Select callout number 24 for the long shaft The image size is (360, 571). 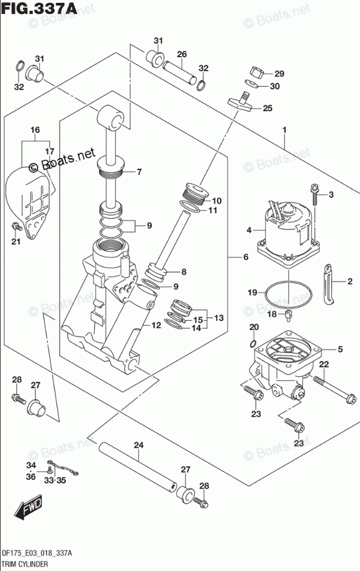click(x=138, y=445)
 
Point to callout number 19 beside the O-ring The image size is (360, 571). click(x=252, y=293)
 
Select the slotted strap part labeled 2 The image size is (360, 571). click(x=328, y=283)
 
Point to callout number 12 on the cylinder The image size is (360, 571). click(x=156, y=326)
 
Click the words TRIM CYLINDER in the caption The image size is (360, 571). click(x=24, y=563)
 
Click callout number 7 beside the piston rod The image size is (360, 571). click(x=139, y=172)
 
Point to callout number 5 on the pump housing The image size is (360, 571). click(x=340, y=349)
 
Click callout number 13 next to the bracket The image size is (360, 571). click(x=218, y=318)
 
